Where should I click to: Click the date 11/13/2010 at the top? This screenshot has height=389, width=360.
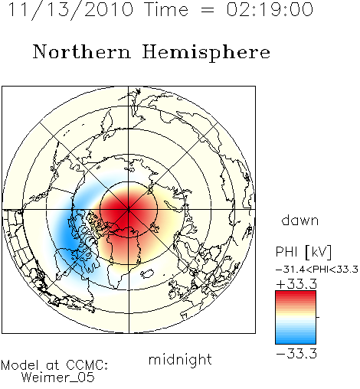70,10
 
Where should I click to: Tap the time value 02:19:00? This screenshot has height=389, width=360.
270,10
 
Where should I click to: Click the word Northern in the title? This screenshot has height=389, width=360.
82,52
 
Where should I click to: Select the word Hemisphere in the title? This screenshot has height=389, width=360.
206,53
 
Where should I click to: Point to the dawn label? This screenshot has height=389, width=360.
300,220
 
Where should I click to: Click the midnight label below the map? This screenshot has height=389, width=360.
180,359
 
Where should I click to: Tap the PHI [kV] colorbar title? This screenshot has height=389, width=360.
303,252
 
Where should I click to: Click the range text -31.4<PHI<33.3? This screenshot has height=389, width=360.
317,270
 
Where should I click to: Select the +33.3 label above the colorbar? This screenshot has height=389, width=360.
296,284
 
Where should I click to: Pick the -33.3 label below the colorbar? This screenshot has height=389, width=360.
296,354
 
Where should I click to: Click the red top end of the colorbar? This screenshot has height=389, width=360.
296,293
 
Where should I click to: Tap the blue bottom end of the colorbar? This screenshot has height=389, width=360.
296,342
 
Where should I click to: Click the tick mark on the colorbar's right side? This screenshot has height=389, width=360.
318,317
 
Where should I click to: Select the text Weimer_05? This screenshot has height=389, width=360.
58,377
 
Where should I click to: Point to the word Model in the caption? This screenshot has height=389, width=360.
20,365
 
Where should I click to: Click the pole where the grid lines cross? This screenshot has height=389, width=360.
129,209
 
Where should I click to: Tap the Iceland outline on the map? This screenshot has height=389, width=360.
147,273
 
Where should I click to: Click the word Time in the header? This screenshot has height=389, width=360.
166,10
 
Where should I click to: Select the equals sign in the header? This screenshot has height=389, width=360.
208,10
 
